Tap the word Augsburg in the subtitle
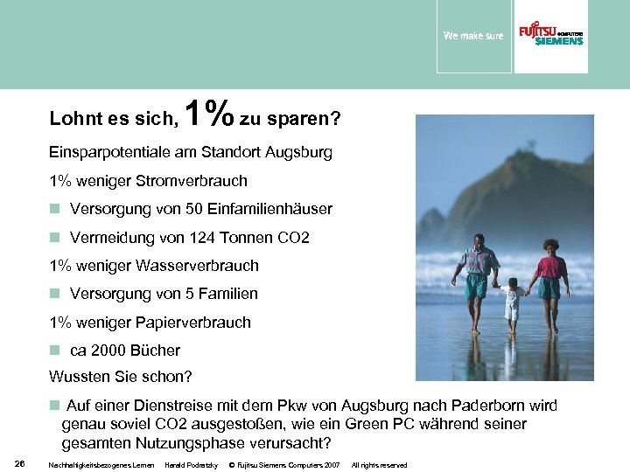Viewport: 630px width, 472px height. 294,152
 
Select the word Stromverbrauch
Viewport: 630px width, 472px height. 199,181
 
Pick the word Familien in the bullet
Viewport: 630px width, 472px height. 229,294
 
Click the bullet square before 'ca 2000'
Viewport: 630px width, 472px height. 54,351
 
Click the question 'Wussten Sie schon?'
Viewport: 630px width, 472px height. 121,378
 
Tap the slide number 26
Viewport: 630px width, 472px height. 19,462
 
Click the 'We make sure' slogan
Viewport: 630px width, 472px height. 473,36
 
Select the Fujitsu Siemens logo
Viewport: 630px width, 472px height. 550,35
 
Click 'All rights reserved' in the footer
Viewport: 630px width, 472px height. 379,463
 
